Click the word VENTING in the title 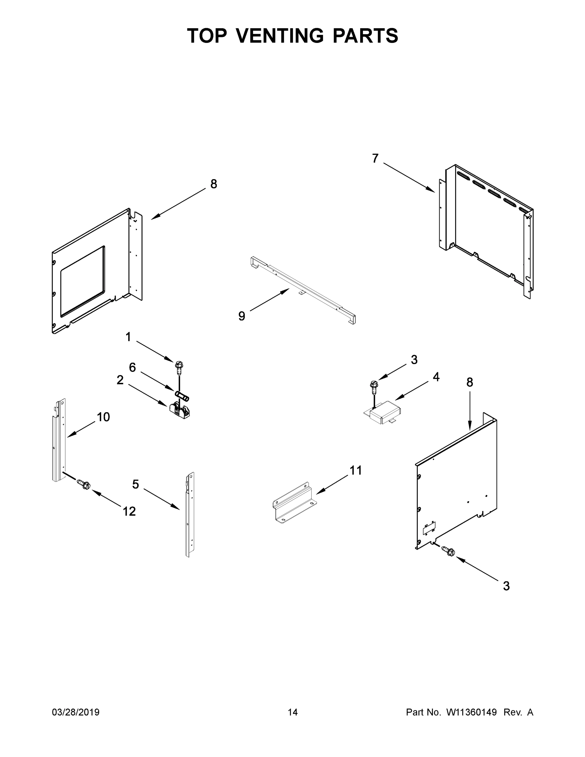pos(280,36)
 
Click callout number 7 pos(375,158)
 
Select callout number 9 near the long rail pos(242,316)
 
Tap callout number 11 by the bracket pos(356,470)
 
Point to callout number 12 pos(129,511)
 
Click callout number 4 pos(436,377)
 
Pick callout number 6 pos(132,367)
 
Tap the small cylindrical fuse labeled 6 pos(182,396)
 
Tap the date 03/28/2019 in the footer pos(76,712)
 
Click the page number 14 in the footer pos(293,712)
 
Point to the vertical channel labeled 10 pos(59,440)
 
